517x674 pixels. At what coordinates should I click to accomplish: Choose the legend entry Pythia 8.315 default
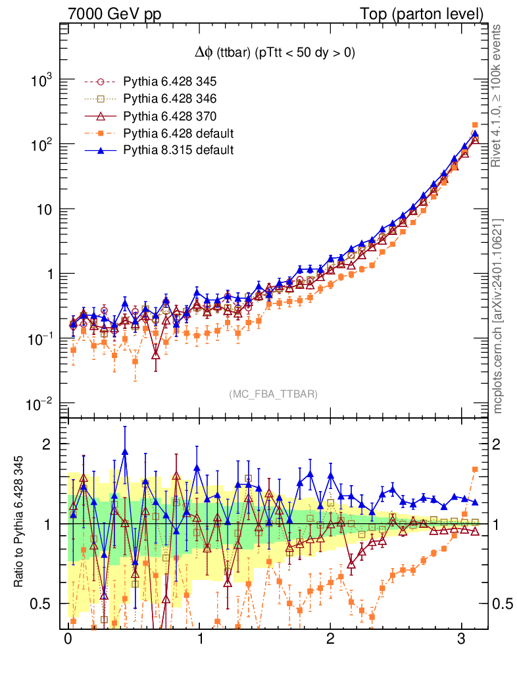click(x=178, y=150)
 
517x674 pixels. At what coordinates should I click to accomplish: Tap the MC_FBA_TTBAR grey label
click(x=274, y=394)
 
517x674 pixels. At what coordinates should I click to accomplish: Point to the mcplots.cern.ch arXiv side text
click(x=499, y=316)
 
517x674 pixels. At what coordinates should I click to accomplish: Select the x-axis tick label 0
click(x=68, y=638)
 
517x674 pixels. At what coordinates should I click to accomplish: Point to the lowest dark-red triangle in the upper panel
click(x=155, y=355)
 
